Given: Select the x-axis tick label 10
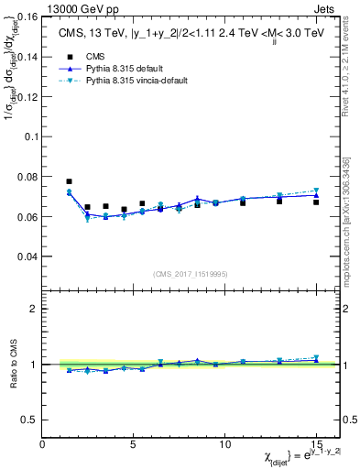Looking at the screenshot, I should [x=224, y=444].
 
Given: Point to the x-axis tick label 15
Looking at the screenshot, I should [x=316, y=444].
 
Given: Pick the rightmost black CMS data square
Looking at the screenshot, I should [x=316, y=202].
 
